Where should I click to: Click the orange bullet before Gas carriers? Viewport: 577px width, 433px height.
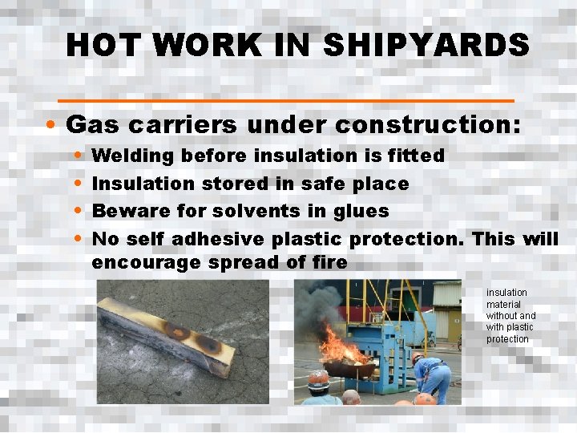pyautogui.click(x=50, y=126)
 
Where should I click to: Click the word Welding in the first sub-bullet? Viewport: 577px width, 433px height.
pyautogui.click(x=132, y=155)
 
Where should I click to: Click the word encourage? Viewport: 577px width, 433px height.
pyautogui.click(x=145, y=262)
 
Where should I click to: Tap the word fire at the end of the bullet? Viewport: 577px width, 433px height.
pyautogui.click(x=329, y=262)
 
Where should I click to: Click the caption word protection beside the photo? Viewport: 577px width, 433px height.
pyautogui.click(x=507, y=339)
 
